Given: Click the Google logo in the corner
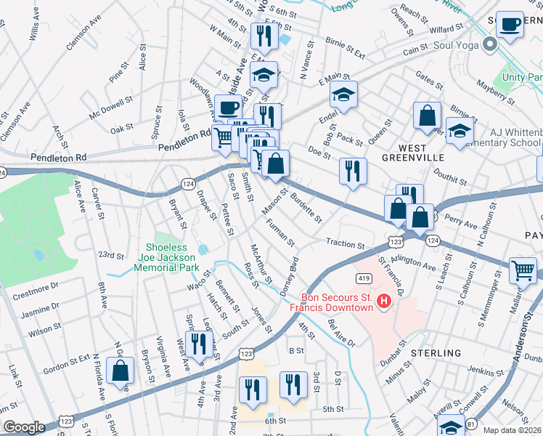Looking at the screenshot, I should pyautogui.click(x=24, y=427).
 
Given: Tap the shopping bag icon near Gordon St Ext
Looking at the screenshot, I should pyautogui.click(x=120, y=370).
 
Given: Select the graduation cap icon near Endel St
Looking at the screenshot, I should pyautogui.click(x=343, y=94).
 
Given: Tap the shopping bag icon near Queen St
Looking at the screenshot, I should pyautogui.click(x=427, y=115).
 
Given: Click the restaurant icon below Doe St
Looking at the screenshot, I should pyautogui.click(x=352, y=171).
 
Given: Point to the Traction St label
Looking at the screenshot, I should pyautogui.click(x=345, y=245).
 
